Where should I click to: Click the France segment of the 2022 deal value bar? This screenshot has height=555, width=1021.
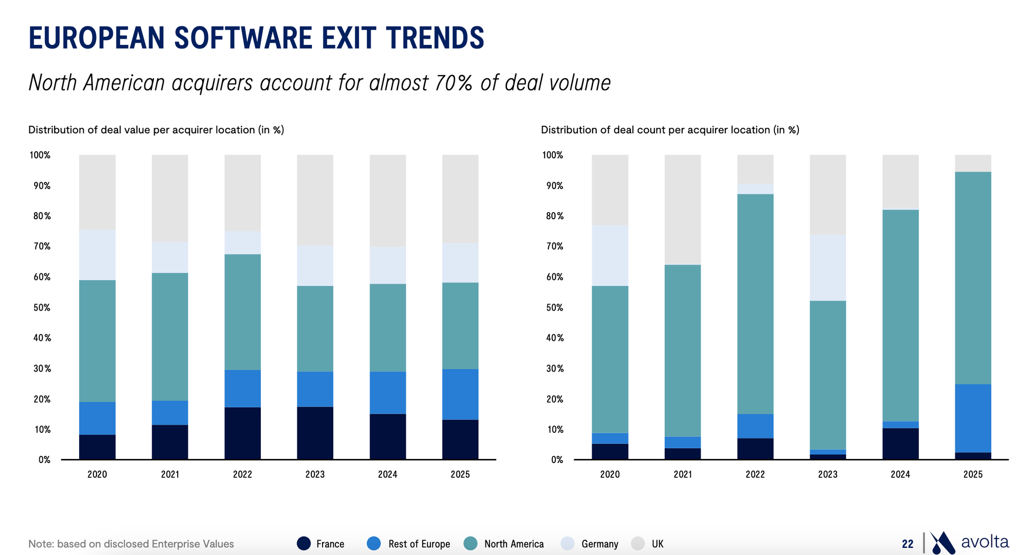point(242,433)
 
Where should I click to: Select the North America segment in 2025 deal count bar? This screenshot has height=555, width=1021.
point(973,277)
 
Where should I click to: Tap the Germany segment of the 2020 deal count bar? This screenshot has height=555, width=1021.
point(610,256)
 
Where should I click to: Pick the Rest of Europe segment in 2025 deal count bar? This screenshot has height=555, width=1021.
point(973,418)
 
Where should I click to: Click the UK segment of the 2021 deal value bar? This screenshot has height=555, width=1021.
point(170,198)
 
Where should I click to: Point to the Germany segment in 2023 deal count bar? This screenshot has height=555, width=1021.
point(828,267)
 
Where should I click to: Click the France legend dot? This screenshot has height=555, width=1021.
point(304,543)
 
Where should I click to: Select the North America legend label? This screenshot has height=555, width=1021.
point(514,544)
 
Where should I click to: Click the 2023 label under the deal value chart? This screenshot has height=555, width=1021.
point(315,474)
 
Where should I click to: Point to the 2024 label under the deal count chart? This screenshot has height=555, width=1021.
point(901,474)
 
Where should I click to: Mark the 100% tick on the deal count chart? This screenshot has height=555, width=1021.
point(553,155)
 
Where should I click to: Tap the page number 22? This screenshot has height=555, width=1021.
point(908,544)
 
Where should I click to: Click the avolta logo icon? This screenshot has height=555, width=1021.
point(942,543)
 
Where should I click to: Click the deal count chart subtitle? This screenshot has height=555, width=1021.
point(670,130)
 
